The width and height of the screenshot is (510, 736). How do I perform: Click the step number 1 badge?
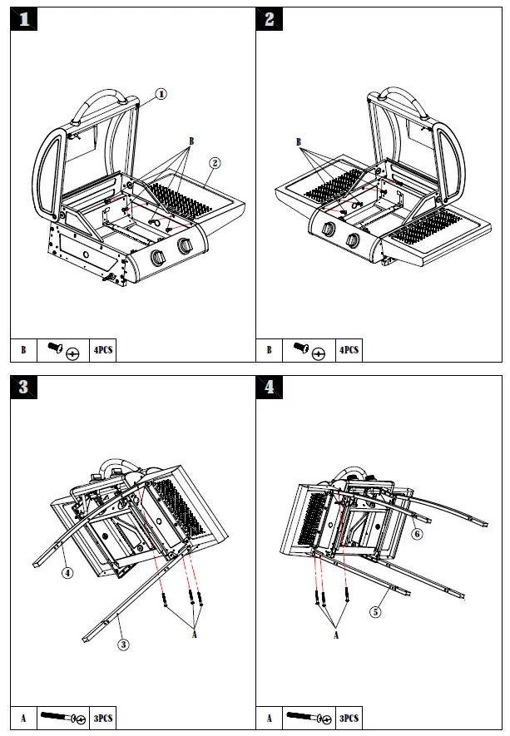(x=23, y=20)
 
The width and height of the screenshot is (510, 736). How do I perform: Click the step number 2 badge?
(x=270, y=20)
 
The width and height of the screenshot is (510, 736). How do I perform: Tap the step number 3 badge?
(x=23, y=387)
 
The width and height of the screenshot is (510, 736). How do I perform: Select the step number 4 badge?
(x=270, y=387)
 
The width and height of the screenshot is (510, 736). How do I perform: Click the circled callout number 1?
(x=161, y=94)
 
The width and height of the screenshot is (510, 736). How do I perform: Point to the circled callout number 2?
(x=215, y=162)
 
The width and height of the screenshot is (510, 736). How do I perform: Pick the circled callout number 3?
(x=123, y=645)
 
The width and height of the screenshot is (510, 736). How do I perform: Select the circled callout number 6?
(x=417, y=534)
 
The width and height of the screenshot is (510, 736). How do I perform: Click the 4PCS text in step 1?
(x=102, y=351)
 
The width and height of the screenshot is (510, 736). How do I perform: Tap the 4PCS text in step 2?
(x=349, y=351)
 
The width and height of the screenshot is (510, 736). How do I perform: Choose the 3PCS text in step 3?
(x=102, y=718)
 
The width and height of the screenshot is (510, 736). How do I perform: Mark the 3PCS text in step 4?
(x=349, y=718)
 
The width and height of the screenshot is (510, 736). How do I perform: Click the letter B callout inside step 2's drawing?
(x=299, y=142)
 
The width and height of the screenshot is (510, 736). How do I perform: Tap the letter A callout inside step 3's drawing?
(x=195, y=634)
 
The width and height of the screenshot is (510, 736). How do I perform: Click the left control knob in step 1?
(x=156, y=256)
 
